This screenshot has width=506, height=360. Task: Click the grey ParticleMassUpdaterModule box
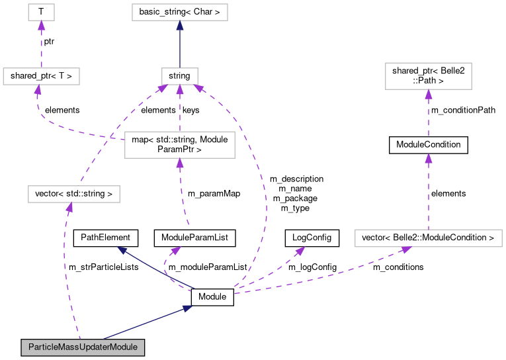click(x=83, y=347)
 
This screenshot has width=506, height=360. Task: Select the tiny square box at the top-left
click(x=41, y=12)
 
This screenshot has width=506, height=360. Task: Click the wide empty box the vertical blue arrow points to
click(x=179, y=12)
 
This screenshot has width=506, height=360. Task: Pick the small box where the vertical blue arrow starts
click(x=179, y=76)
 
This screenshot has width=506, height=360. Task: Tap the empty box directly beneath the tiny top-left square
click(x=41, y=76)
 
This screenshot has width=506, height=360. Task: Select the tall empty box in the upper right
click(x=428, y=76)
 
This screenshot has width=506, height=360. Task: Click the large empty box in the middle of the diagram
click(x=179, y=145)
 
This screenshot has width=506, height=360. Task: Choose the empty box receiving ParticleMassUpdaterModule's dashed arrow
click(x=73, y=194)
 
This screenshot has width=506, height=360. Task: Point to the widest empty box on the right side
click(x=428, y=238)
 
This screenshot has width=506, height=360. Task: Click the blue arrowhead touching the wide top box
click(x=179, y=26)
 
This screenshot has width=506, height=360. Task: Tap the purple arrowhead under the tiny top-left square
click(x=41, y=26)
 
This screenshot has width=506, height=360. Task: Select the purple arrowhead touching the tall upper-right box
click(x=428, y=94)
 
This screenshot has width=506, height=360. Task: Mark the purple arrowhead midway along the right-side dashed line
click(x=428, y=158)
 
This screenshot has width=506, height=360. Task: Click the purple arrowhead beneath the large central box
click(x=179, y=163)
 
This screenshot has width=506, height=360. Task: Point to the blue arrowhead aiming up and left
click(x=122, y=250)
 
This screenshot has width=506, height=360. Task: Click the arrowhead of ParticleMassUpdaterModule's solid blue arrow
click(x=187, y=308)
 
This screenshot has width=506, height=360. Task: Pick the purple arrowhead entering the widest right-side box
click(x=405, y=249)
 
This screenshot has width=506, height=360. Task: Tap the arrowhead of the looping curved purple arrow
click(x=175, y=251)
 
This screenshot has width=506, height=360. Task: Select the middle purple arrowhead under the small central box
click(x=179, y=89)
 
